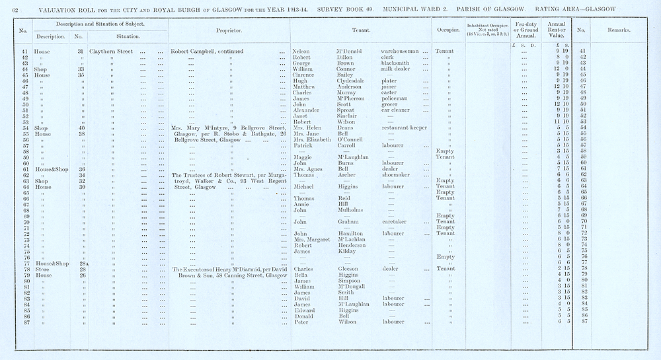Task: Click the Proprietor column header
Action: click(229, 30)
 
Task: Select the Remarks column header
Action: click(618, 30)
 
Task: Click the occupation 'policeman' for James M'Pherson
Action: click(394, 98)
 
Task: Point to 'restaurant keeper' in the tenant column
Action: click(404, 128)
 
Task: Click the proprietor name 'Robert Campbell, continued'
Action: click(207, 51)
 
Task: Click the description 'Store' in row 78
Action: click(41, 269)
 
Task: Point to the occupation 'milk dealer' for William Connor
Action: click(396, 69)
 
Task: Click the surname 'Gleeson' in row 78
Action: click(350, 269)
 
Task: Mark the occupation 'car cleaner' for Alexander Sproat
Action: click(396, 110)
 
